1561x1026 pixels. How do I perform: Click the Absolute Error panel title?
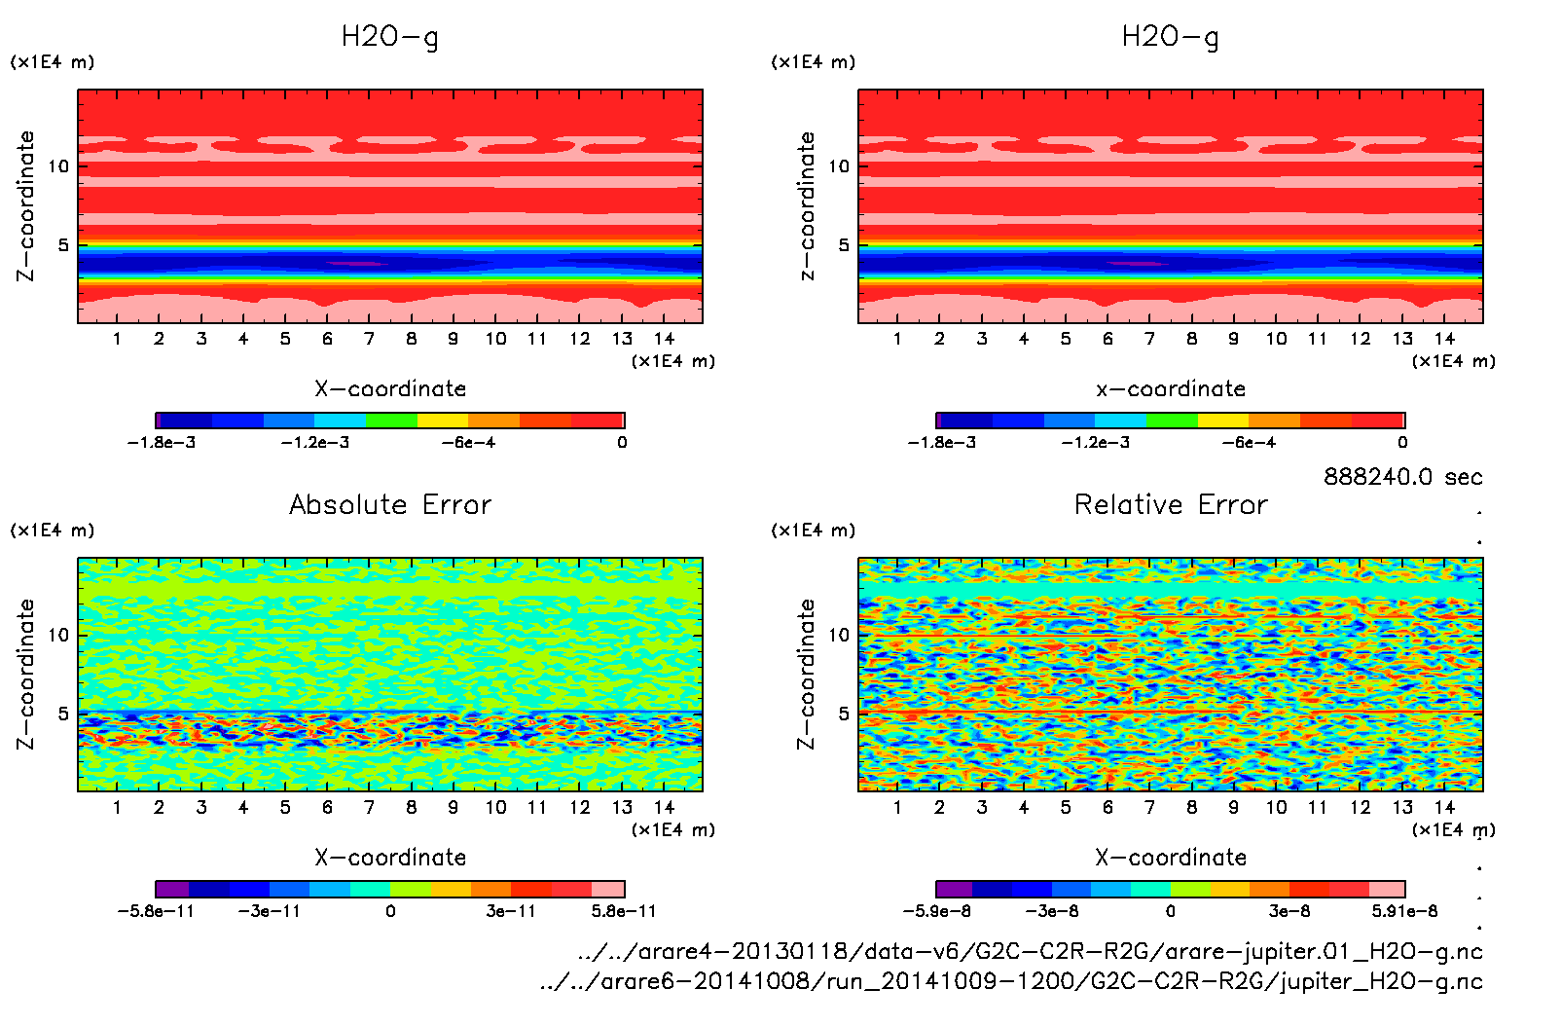(x=390, y=504)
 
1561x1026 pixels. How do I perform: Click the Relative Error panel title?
(x=1171, y=504)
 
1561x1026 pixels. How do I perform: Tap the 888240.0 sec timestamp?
(x=1402, y=477)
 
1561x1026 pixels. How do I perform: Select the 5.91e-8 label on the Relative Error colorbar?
(x=1404, y=911)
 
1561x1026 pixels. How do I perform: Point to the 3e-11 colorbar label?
(x=511, y=911)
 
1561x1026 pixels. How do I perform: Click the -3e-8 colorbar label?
(x=1052, y=911)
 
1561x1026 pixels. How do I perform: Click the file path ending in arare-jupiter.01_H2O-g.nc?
(x=1030, y=951)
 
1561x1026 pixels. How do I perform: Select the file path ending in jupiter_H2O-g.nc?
(x=1011, y=981)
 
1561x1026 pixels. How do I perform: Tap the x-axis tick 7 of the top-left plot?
(x=369, y=339)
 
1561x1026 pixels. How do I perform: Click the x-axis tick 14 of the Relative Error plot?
(x=1444, y=807)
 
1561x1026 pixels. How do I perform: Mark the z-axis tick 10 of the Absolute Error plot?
(x=59, y=635)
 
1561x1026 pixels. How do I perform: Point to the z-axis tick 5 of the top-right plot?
(x=844, y=245)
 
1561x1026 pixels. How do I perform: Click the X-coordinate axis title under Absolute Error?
(x=390, y=858)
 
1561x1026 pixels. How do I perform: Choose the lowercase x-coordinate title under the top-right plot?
(x=1171, y=389)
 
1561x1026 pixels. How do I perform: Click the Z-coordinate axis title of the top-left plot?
(x=26, y=206)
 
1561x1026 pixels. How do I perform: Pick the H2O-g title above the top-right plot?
(x=1170, y=37)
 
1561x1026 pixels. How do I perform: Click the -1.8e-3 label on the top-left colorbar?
(x=162, y=442)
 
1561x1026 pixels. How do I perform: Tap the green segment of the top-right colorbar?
(x=1172, y=421)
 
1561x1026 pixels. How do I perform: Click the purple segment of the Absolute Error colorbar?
(x=172, y=889)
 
